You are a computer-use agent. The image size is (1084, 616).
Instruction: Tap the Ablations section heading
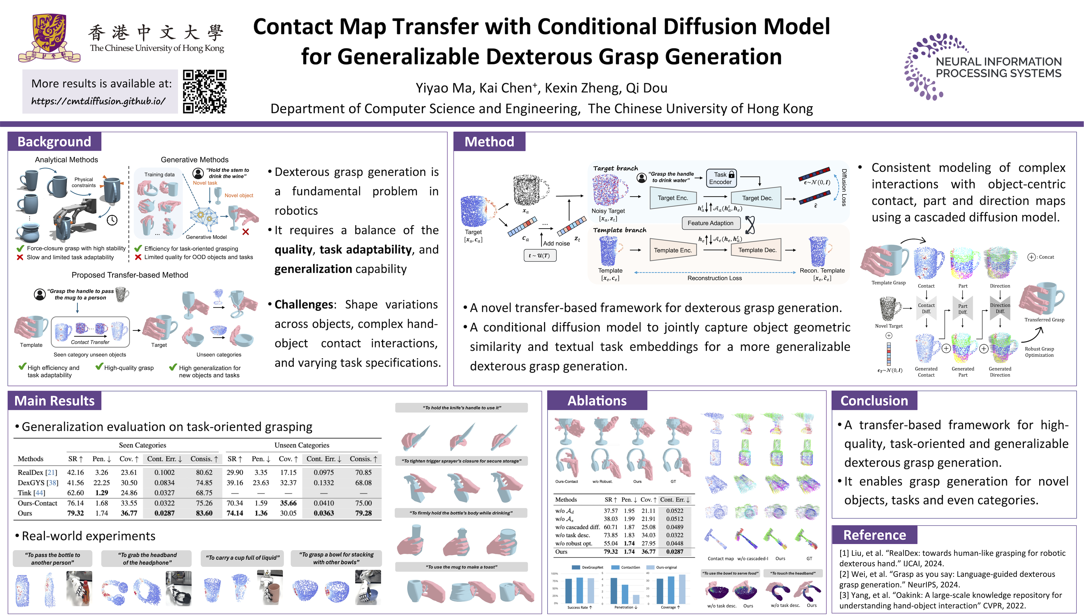pyautogui.click(x=597, y=401)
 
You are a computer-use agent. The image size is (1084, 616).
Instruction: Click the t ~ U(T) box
pyautogui.click(x=539, y=256)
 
